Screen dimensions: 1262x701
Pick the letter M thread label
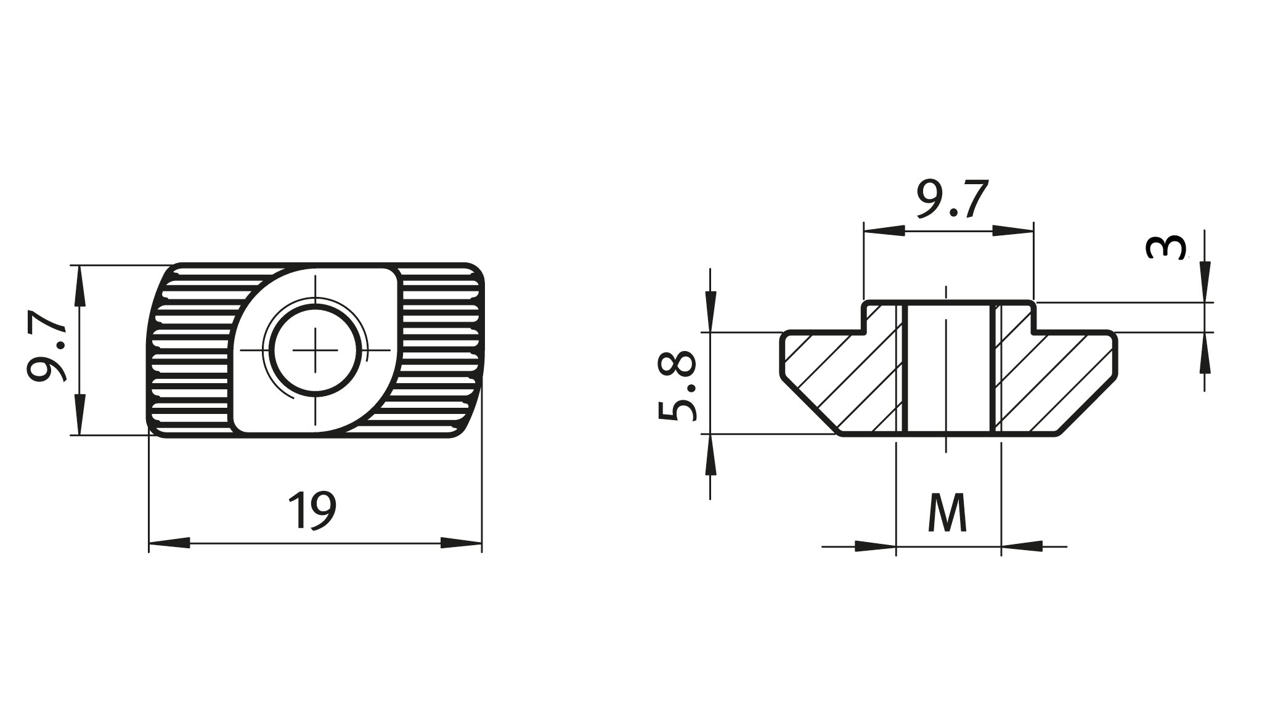pos(947,513)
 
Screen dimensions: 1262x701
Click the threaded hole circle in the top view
pos(315,351)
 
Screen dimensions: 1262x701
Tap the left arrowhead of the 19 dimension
pos(169,543)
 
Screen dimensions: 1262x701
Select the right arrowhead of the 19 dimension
pos(461,543)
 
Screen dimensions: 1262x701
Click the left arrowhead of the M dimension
pos(875,546)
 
